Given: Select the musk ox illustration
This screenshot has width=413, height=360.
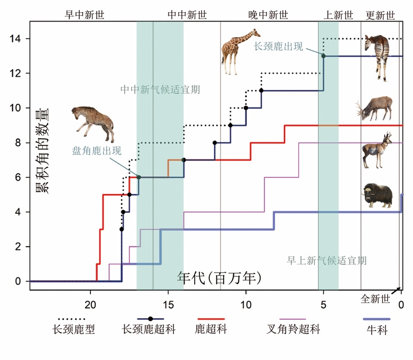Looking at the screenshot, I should click(378, 195).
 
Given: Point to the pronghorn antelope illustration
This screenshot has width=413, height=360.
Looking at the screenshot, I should click(377, 150).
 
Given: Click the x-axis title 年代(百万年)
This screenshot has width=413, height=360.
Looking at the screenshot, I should click(219, 277).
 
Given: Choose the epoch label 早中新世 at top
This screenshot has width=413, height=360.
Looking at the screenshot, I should click(85, 15).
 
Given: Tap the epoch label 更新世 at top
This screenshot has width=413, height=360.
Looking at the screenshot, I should click(380, 15).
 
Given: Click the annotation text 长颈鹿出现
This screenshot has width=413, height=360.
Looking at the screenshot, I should click(279, 46).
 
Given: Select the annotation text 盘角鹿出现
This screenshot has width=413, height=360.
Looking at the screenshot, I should click(97, 150).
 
